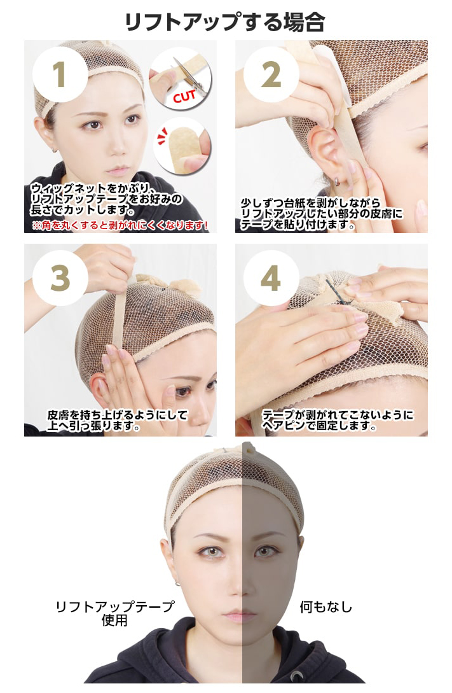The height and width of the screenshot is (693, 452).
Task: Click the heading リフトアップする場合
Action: [225, 22]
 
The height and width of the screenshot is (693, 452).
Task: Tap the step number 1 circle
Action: [60, 74]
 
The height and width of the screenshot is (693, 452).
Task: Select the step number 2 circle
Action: [271, 74]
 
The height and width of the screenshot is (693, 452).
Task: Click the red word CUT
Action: [184, 95]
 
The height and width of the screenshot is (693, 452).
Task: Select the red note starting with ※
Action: [120, 225]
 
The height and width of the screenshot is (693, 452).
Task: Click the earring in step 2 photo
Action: [336, 181]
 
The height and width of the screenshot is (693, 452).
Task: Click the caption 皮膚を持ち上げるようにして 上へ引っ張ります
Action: [118, 420]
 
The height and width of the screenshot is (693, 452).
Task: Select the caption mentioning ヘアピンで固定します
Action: [338, 420]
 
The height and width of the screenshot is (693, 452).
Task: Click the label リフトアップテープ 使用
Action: [115, 613]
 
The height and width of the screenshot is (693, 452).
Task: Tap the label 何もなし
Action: [326, 607]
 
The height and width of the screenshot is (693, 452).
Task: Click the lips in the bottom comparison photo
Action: [240, 615]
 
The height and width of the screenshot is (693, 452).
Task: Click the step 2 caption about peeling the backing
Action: [322, 214]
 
